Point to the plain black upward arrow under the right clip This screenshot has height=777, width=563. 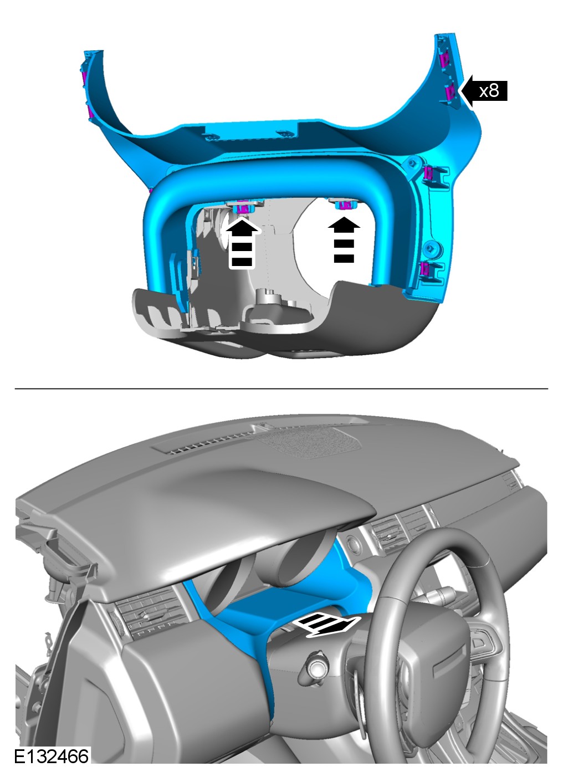[x=344, y=240]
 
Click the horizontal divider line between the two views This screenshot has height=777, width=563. [x=281, y=389]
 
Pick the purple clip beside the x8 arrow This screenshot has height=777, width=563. [x=451, y=92]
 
